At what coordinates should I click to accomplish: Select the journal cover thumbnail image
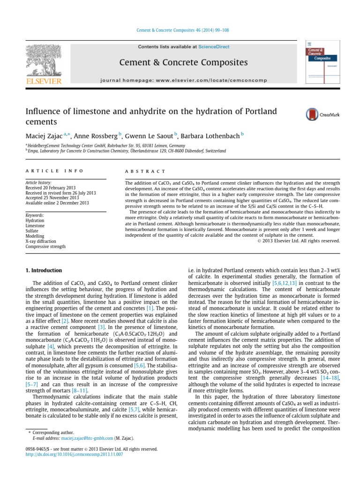(x=322, y=63)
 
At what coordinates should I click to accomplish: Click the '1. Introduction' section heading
(x=44, y=270)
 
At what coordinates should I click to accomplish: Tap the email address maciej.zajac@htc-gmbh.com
(x=86, y=438)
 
